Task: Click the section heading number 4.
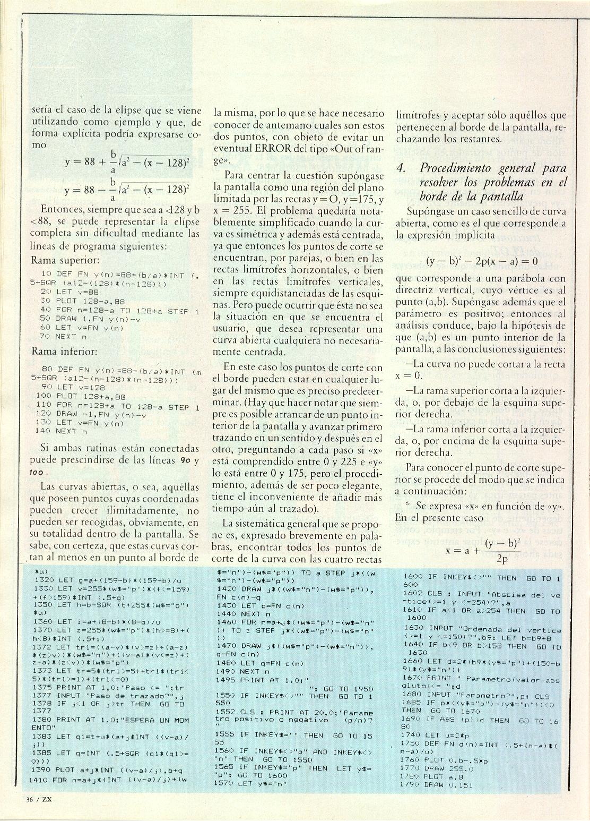402,168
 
